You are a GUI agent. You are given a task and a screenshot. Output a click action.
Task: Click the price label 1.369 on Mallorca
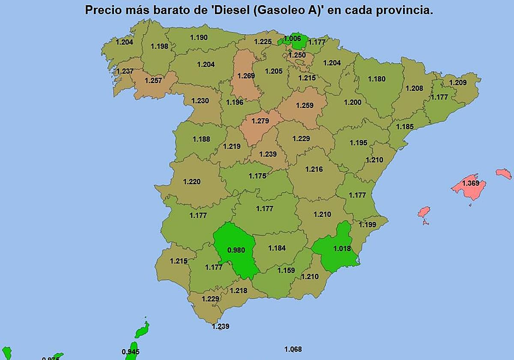point(470,183)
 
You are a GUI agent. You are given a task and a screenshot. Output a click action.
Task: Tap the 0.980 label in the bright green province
point(236,250)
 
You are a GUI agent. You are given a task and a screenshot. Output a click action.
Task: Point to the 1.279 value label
point(260,121)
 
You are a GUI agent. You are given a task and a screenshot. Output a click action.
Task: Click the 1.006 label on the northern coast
point(292,39)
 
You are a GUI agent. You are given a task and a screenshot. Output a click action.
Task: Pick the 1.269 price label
point(246,76)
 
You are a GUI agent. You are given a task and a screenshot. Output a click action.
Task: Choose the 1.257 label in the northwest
point(153,81)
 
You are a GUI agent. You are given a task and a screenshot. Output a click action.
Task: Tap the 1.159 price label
point(286,270)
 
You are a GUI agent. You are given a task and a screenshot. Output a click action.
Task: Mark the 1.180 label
point(377,79)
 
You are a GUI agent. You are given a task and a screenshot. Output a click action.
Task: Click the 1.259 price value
point(305,105)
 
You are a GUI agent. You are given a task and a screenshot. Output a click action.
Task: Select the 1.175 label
point(257,176)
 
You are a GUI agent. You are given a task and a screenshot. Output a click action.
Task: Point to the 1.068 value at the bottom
point(293,349)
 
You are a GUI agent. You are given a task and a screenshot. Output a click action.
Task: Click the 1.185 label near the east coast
point(405,127)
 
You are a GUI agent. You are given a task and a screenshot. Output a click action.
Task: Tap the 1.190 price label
point(199,38)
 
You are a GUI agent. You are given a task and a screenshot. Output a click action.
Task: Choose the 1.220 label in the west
point(191,182)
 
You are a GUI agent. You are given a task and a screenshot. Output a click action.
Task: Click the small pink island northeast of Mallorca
point(504,174)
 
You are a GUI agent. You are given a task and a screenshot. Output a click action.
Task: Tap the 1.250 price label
point(297,55)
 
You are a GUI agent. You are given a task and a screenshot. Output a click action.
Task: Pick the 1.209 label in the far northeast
point(458,83)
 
